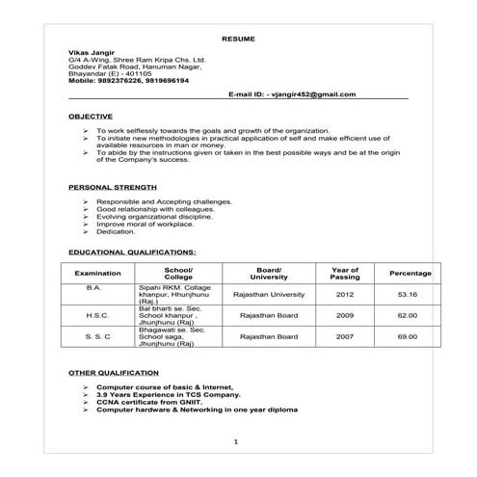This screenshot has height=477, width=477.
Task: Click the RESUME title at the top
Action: point(237,40)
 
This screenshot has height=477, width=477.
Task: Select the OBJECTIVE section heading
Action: point(91,116)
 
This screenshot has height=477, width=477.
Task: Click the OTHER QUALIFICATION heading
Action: point(114,371)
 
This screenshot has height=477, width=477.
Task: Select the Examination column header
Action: point(97,274)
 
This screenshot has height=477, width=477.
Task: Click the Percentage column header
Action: point(410,274)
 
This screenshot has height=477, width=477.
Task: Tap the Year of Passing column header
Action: point(345,274)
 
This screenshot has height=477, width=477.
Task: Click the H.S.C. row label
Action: point(97,315)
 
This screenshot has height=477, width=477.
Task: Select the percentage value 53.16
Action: point(409,293)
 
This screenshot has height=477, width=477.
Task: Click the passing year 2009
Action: point(345,315)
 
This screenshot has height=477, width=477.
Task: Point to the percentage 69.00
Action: point(409,336)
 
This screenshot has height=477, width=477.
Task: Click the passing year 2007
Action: point(345,336)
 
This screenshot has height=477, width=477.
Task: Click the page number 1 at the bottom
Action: point(236,440)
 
